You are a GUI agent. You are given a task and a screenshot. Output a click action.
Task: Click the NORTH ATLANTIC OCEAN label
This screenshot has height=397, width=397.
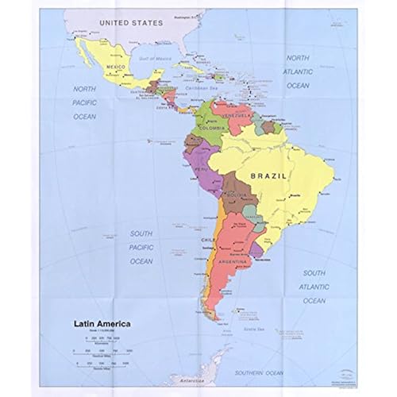tap(298, 71)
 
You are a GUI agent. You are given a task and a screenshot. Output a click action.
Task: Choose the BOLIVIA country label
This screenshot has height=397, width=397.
tap(234, 195)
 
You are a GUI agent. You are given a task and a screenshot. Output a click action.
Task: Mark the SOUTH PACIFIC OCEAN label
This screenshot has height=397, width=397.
tap(141, 247)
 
